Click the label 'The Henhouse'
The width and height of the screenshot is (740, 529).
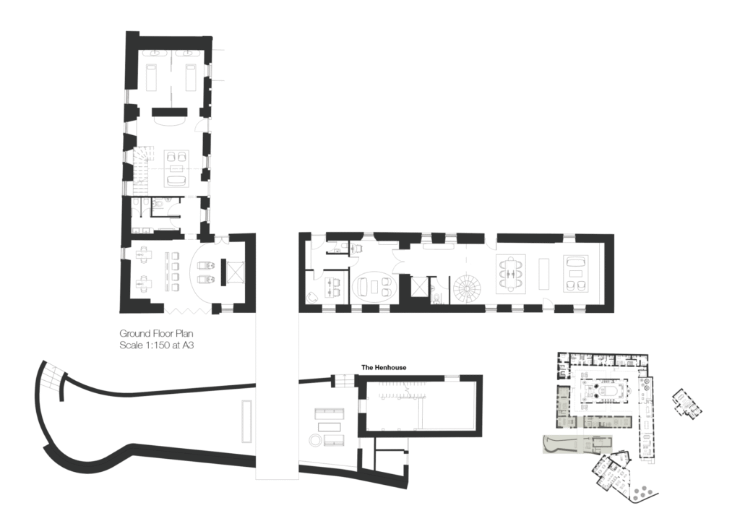point(384,367)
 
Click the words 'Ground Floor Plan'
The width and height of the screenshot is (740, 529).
point(156,334)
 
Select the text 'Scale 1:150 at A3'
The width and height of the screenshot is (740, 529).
point(156,345)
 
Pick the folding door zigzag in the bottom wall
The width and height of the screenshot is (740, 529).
point(188,309)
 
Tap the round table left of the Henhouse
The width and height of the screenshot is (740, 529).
point(315,441)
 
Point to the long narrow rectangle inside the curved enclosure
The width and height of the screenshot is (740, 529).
point(246,421)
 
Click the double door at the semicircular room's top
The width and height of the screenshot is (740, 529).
point(218,238)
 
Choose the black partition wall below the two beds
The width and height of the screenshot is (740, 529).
point(170,112)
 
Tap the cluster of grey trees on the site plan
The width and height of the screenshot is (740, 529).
point(642,494)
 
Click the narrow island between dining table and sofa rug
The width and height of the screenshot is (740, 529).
point(544,274)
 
